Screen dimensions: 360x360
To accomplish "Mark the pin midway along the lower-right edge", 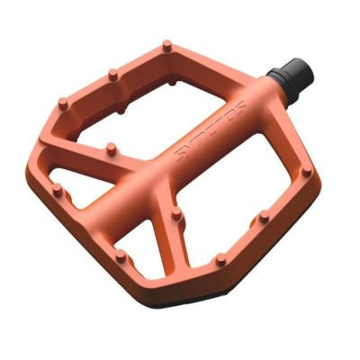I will [262, 217].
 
